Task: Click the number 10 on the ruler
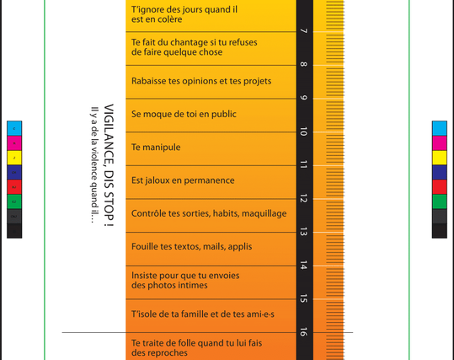[x=303, y=132]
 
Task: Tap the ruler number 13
[x=303, y=232]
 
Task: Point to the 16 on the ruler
[x=303, y=331]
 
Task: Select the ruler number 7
[x=303, y=32]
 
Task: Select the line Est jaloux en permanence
[x=183, y=180]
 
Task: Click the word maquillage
[x=261, y=213]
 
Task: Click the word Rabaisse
[x=152, y=81]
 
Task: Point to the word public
[x=222, y=114]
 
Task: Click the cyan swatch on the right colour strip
[x=439, y=128]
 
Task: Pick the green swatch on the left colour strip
[x=14, y=201]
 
